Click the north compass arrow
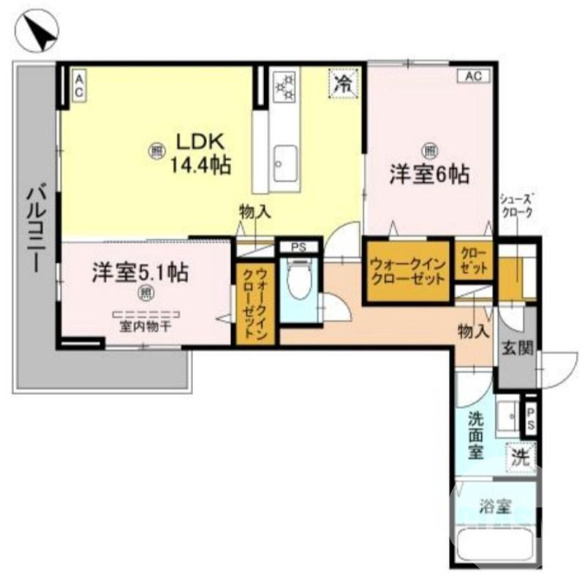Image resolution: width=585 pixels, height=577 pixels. [x=39, y=32]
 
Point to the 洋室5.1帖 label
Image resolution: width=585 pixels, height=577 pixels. [x=140, y=273]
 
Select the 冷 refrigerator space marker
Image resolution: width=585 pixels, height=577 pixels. [x=341, y=83]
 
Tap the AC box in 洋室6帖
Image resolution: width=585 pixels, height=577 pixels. [x=473, y=75]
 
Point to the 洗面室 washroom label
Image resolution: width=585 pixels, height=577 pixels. [x=476, y=436]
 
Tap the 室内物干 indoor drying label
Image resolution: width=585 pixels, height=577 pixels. [x=146, y=327]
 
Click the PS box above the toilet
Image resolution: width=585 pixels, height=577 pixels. [x=298, y=247]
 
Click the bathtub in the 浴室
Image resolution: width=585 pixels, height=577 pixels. [x=494, y=546]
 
